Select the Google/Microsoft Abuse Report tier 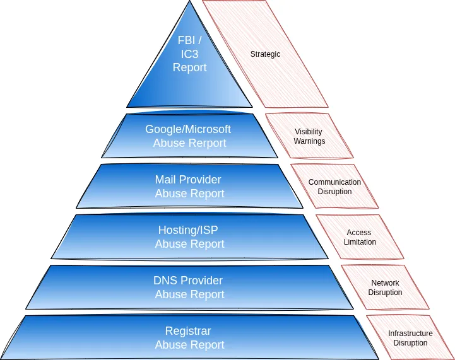tap(189, 136)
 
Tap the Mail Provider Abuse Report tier tap(189, 187)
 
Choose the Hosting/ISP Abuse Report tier tap(189, 237)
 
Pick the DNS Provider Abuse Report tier tap(189, 287)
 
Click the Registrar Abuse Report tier tap(189, 338)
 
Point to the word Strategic tap(265, 54)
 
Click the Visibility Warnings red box tap(309, 136)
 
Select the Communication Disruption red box tap(334, 187)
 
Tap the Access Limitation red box tap(360, 237)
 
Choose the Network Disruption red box tap(385, 287)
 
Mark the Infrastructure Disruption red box tap(410, 338)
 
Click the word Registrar tap(188, 331)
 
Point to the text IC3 tap(190, 54)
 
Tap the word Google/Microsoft tap(188, 129)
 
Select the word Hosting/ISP tap(188, 230)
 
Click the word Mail tap(166, 180)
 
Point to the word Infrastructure tap(410, 334)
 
